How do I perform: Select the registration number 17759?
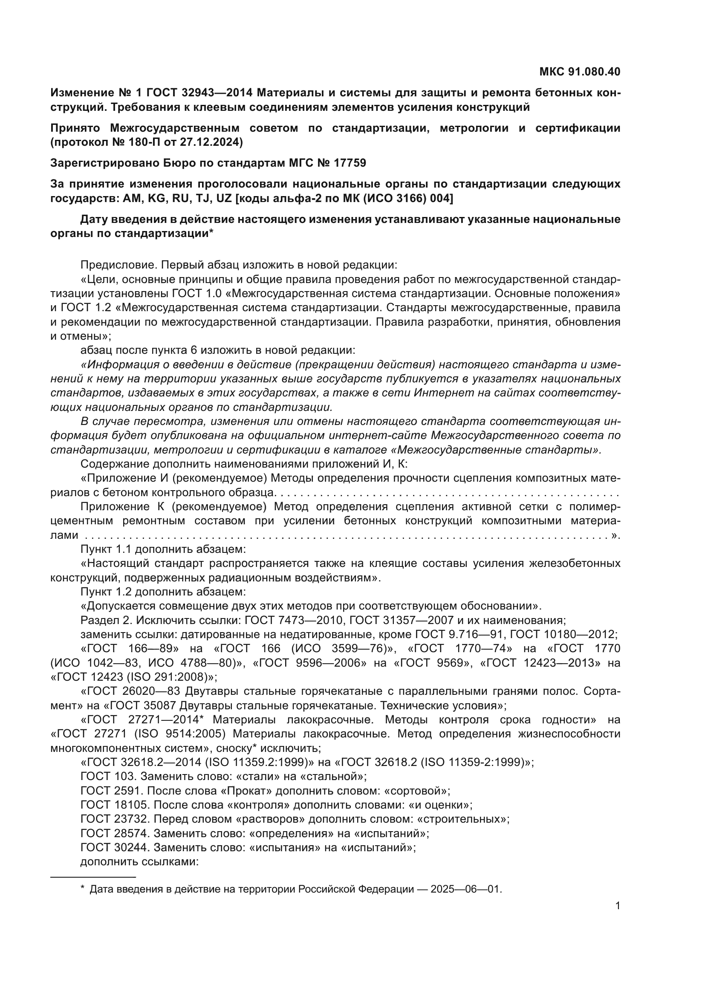[x=350, y=163]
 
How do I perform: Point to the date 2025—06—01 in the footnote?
[x=465, y=889]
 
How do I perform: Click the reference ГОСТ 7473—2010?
[x=295, y=620]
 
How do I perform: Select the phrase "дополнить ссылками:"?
[x=139, y=861]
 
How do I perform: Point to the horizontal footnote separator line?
[x=93, y=877]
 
